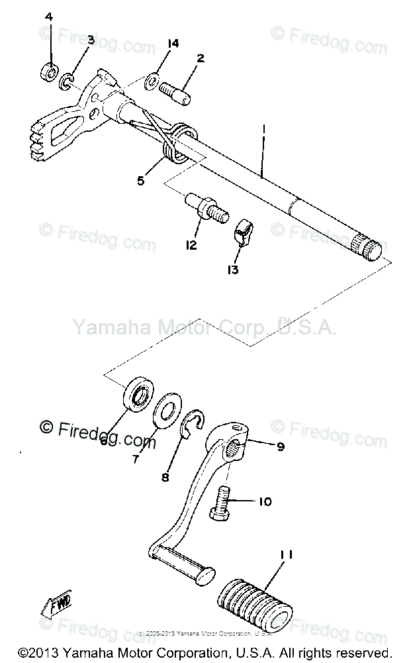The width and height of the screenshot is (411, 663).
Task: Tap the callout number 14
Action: (173, 44)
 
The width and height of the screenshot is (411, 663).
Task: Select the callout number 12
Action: (191, 246)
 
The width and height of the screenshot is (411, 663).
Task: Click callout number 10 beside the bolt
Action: (265, 501)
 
